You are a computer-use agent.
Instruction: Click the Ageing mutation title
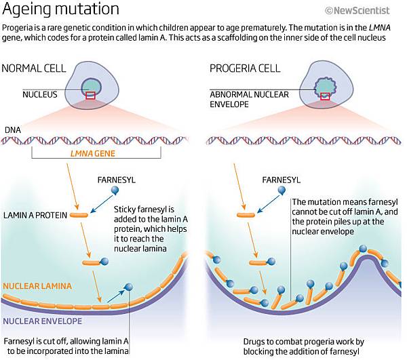[x=60, y=9]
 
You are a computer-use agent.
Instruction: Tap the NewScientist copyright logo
[x=357, y=11]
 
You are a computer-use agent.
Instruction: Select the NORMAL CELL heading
[x=34, y=68]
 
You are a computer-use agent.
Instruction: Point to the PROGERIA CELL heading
[x=245, y=68]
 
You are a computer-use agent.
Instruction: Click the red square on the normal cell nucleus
[x=90, y=96]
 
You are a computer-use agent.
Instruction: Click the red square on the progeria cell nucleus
[x=325, y=96]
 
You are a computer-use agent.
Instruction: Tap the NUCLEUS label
[x=40, y=94]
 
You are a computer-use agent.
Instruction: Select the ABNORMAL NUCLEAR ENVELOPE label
[x=249, y=100]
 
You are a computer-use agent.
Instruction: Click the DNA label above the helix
[x=13, y=130]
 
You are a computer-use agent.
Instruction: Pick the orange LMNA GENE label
[x=93, y=153]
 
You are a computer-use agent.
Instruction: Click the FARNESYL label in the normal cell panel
[x=117, y=180]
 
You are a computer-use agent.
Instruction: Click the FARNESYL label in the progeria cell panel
[x=281, y=180]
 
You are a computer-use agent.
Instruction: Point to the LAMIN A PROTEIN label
[x=35, y=216]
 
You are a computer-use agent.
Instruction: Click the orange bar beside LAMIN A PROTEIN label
[x=79, y=215]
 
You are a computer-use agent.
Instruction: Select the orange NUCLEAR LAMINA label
[x=37, y=286]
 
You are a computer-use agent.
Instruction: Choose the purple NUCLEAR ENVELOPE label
[x=42, y=321]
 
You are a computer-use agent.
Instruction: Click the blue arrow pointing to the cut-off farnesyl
[x=116, y=296]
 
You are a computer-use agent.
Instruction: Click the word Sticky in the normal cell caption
[x=125, y=209]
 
